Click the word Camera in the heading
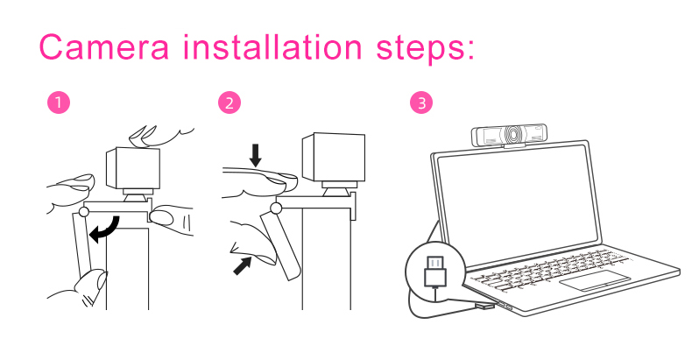(x=104, y=46)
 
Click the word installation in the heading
(x=272, y=46)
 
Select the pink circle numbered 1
(x=59, y=102)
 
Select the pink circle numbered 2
(x=229, y=102)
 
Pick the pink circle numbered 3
(x=421, y=102)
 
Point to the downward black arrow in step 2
(x=256, y=156)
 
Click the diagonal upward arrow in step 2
(x=243, y=265)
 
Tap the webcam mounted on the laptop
(x=508, y=135)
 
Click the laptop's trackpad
(x=595, y=280)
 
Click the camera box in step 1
(x=133, y=169)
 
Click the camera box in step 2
(x=334, y=158)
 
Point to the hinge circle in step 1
(x=83, y=212)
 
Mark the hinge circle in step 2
(x=276, y=208)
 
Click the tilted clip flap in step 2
(x=281, y=245)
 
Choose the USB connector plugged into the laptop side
(x=484, y=306)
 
